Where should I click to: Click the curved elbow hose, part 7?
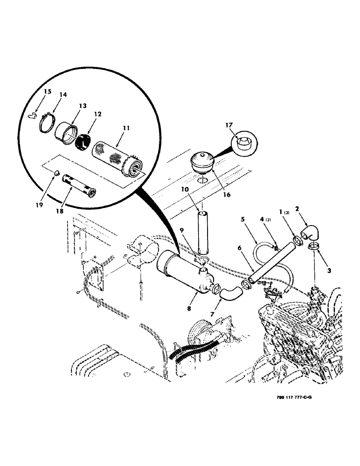point(231,294)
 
